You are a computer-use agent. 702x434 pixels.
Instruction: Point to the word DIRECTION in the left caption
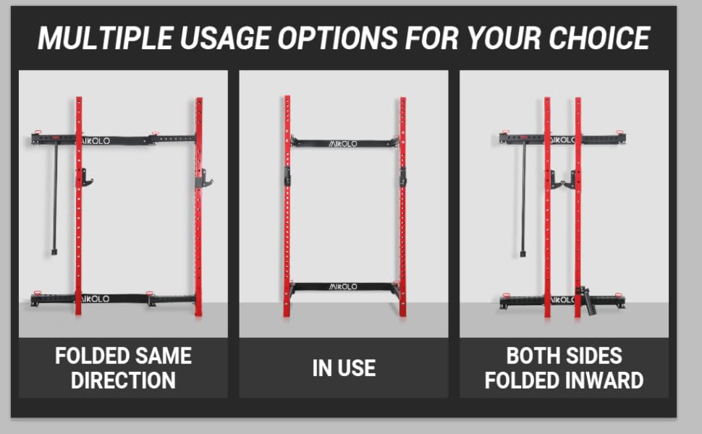[123, 380]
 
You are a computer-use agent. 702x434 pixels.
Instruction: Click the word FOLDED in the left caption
[90, 356]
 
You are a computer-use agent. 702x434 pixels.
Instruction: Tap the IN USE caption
[344, 367]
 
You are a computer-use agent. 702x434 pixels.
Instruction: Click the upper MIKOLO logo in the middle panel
[344, 143]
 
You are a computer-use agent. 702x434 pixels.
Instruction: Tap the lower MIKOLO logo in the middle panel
[344, 286]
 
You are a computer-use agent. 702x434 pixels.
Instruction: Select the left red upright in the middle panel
[287, 206]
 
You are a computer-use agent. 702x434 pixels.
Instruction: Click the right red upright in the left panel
[198, 206]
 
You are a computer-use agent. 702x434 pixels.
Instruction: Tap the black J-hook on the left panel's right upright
[203, 177]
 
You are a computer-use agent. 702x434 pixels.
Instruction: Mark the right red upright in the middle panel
[402, 206]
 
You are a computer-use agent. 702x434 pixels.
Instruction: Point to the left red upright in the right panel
[547, 206]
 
